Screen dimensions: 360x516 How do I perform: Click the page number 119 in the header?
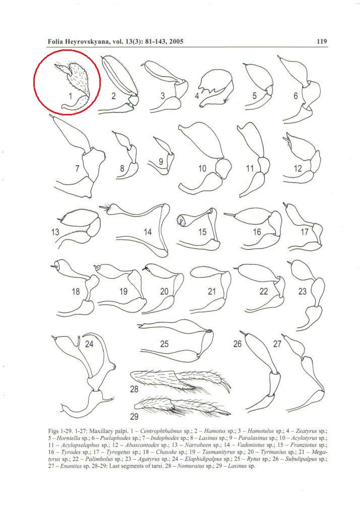322,41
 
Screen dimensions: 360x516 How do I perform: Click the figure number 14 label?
148,232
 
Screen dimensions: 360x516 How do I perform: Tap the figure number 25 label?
164,344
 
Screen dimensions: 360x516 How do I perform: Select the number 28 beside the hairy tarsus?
134,390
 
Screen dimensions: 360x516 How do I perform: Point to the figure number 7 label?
77,168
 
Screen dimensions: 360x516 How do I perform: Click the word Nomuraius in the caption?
191,466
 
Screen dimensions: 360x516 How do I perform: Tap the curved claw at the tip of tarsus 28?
226,386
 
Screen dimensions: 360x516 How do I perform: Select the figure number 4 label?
197,96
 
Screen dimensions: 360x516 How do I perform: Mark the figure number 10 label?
202,168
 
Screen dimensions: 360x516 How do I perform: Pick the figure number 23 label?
303,291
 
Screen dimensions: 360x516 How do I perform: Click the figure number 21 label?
212,291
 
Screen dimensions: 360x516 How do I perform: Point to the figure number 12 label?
298,168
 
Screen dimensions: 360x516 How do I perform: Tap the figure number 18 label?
76,291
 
